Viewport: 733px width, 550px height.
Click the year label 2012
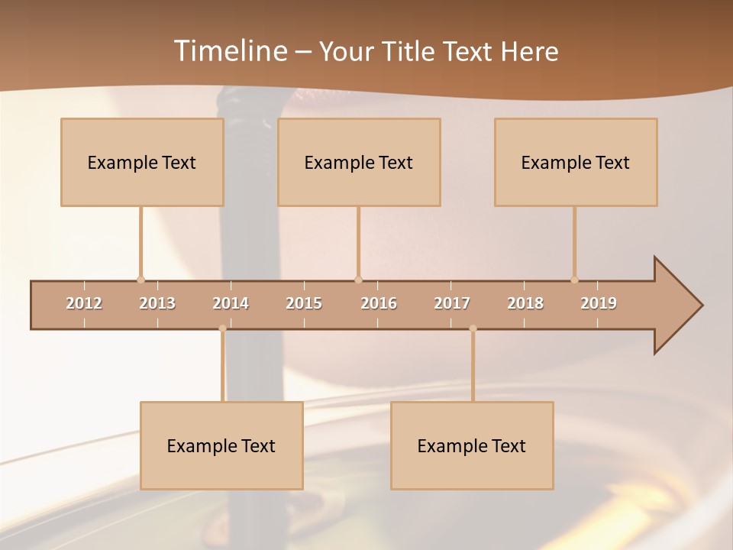pyautogui.click(x=84, y=303)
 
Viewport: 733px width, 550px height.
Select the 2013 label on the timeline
pyautogui.click(x=157, y=303)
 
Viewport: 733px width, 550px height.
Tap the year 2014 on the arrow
pyautogui.click(x=231, y=303)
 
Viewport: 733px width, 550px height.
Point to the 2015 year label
pyautogui.click(x=304, y=303)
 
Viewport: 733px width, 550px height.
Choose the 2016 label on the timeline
pyautogui.click(x=379, y=303)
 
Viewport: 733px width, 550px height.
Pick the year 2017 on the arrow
pyautogui.click(x=452, y=303)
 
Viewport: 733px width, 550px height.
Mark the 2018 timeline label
pyautogui.click(x=525, y=303)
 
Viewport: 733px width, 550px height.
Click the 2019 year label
pyautogui.click(x=599, y=303)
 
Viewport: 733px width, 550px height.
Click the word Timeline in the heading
pyautogui.click(x=230, y=51)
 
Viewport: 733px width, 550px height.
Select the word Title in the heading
pyautogui.click(x=410, y=52)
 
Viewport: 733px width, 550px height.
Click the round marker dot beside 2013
pyautogui.click(x=140, y=280)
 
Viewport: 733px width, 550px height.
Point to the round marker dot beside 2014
pyautogui.click(x=222, y=328)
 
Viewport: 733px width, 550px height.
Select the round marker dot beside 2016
pyautogui.click(x=358, y=280)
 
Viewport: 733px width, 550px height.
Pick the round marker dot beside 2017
pyautogui.click(x=473, y=328)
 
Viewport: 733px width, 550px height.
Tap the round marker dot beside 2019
pyautogui.click(x=574, y=280)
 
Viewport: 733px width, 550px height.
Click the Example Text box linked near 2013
pyautogui.click(x=142, y=162)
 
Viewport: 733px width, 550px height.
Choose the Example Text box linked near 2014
pyautogui.click(x=221, y=445)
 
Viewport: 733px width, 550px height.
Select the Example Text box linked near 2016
pyautogui.click(x=359, y=162)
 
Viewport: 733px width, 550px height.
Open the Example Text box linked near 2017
pyautogui.click(x=472, y=445)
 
